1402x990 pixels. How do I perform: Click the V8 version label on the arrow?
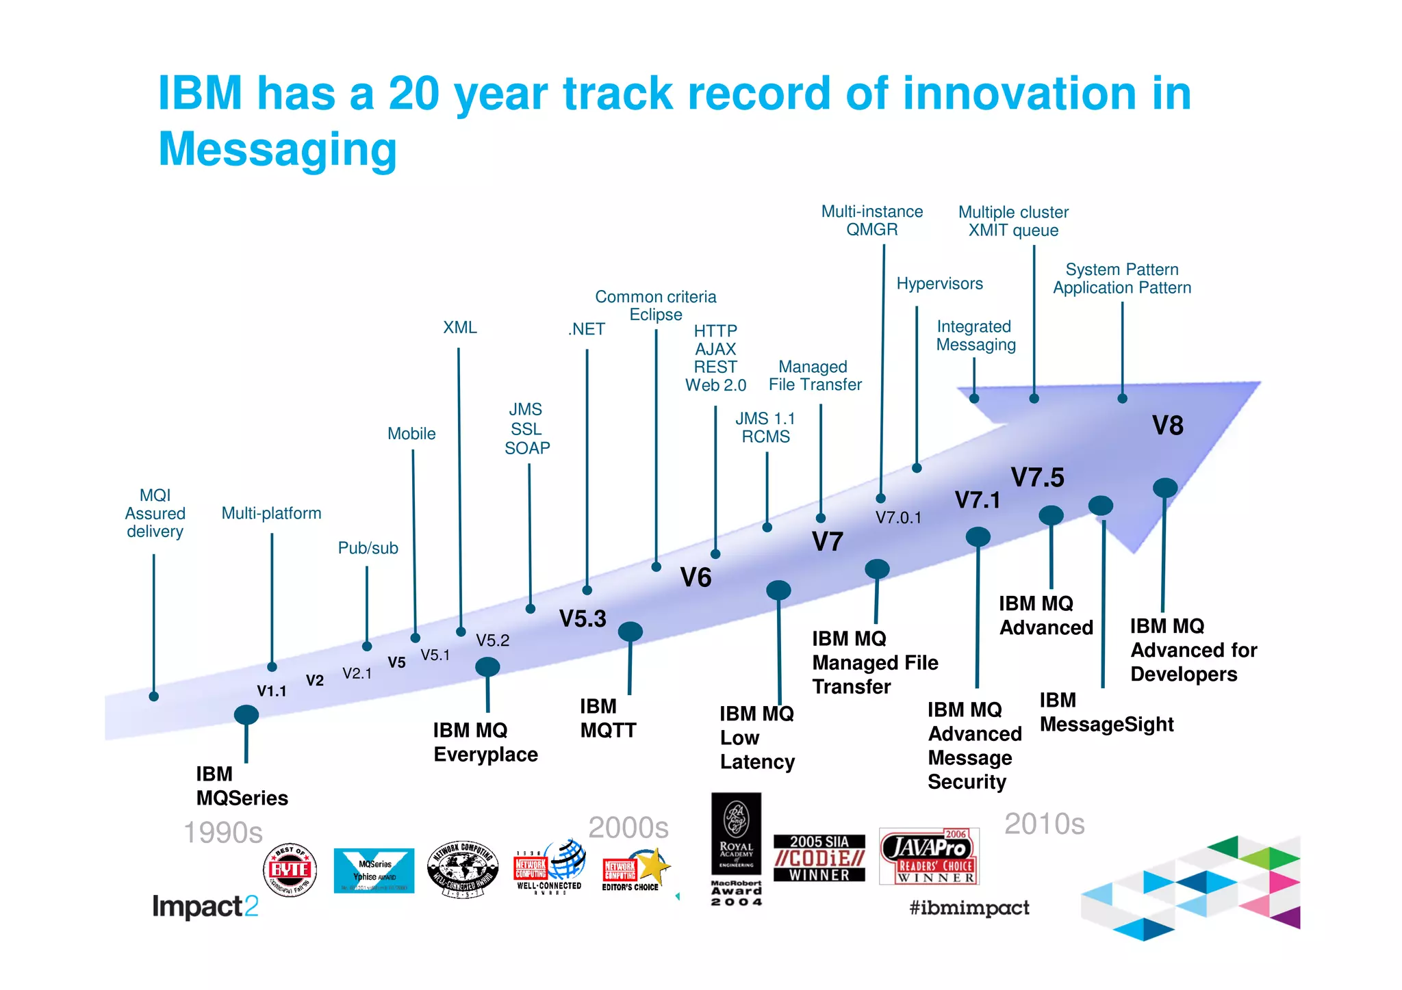1167,426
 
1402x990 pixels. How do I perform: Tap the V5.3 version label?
583,618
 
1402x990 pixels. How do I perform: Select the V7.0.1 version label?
898,518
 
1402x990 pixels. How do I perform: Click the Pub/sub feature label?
368,548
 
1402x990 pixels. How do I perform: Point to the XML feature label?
459,328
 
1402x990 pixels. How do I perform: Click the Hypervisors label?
939,284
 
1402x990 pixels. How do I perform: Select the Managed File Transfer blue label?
815,376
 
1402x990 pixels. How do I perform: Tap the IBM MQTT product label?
607,718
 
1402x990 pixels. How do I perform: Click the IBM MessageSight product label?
1106,712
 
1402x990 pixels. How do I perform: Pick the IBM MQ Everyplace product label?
485,742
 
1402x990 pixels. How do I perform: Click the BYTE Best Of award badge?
290,870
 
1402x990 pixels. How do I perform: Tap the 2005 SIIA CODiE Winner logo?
819,858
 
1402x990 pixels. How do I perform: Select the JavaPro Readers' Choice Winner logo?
929,856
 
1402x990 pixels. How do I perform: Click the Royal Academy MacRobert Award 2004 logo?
736,849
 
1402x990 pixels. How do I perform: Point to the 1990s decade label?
223,833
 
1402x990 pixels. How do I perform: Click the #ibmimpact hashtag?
969,908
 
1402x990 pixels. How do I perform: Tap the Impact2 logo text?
205,907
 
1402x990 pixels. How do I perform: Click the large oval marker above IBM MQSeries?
246,715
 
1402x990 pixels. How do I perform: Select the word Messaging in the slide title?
277,149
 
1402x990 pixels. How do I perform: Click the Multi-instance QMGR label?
871,220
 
